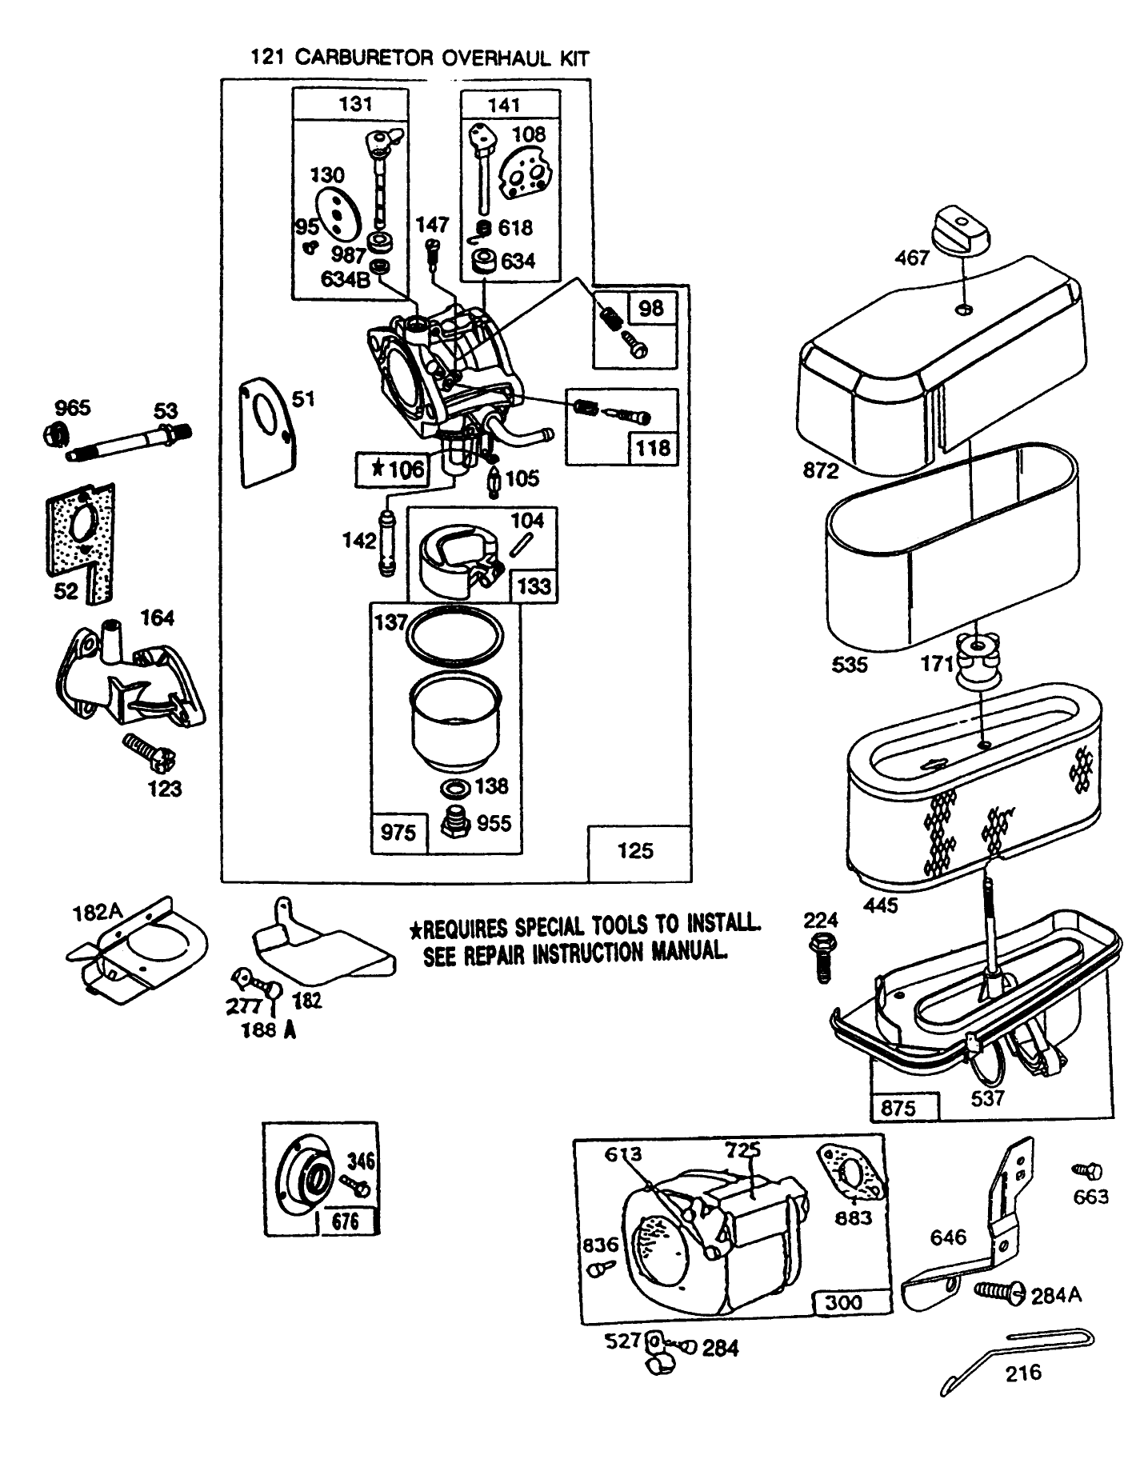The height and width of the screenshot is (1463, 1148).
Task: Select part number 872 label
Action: (821, 470)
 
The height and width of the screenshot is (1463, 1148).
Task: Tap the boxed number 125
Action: (635, 850)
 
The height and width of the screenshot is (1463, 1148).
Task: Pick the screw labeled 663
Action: (1086, 1171)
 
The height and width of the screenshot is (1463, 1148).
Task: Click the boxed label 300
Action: (844, 1301)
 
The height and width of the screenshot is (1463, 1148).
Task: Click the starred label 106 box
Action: (393, 469)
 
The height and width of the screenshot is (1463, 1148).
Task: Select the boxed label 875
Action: (898, 1108)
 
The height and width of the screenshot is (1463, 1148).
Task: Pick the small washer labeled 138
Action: (455, 787)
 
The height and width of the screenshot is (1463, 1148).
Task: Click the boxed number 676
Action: (346, 1221)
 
